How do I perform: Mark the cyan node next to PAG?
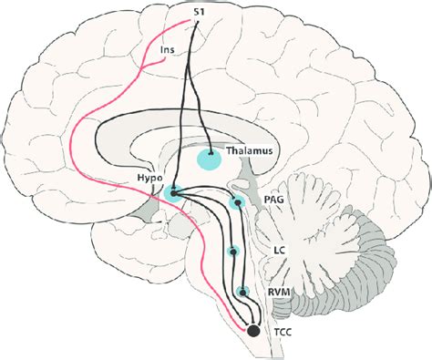(x=237, y=203)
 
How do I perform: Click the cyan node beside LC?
(x=233, y=252)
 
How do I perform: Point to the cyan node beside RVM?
(x=242, y=293)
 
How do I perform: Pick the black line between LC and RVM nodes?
(x=238, y=273)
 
